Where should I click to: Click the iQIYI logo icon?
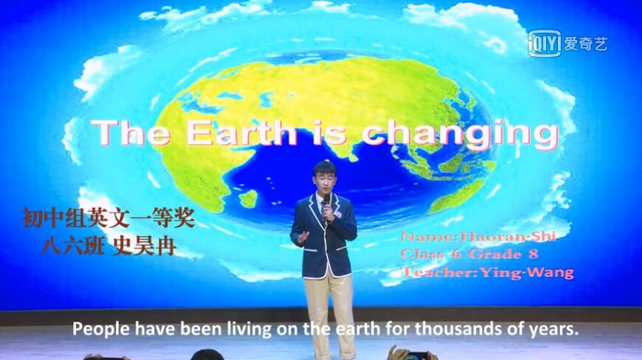coord(544,43)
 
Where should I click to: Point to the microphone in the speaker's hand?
coord(326,208)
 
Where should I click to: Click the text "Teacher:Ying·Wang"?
coord(488,272)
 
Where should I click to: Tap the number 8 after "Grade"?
coord(533,254)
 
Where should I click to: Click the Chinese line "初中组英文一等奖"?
coord(108,218)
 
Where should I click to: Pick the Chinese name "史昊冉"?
coord(145,246)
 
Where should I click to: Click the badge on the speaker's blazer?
coord(339,215)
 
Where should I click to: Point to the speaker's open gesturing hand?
coord(303,237)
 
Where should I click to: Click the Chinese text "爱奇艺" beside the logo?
coord(585,44)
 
